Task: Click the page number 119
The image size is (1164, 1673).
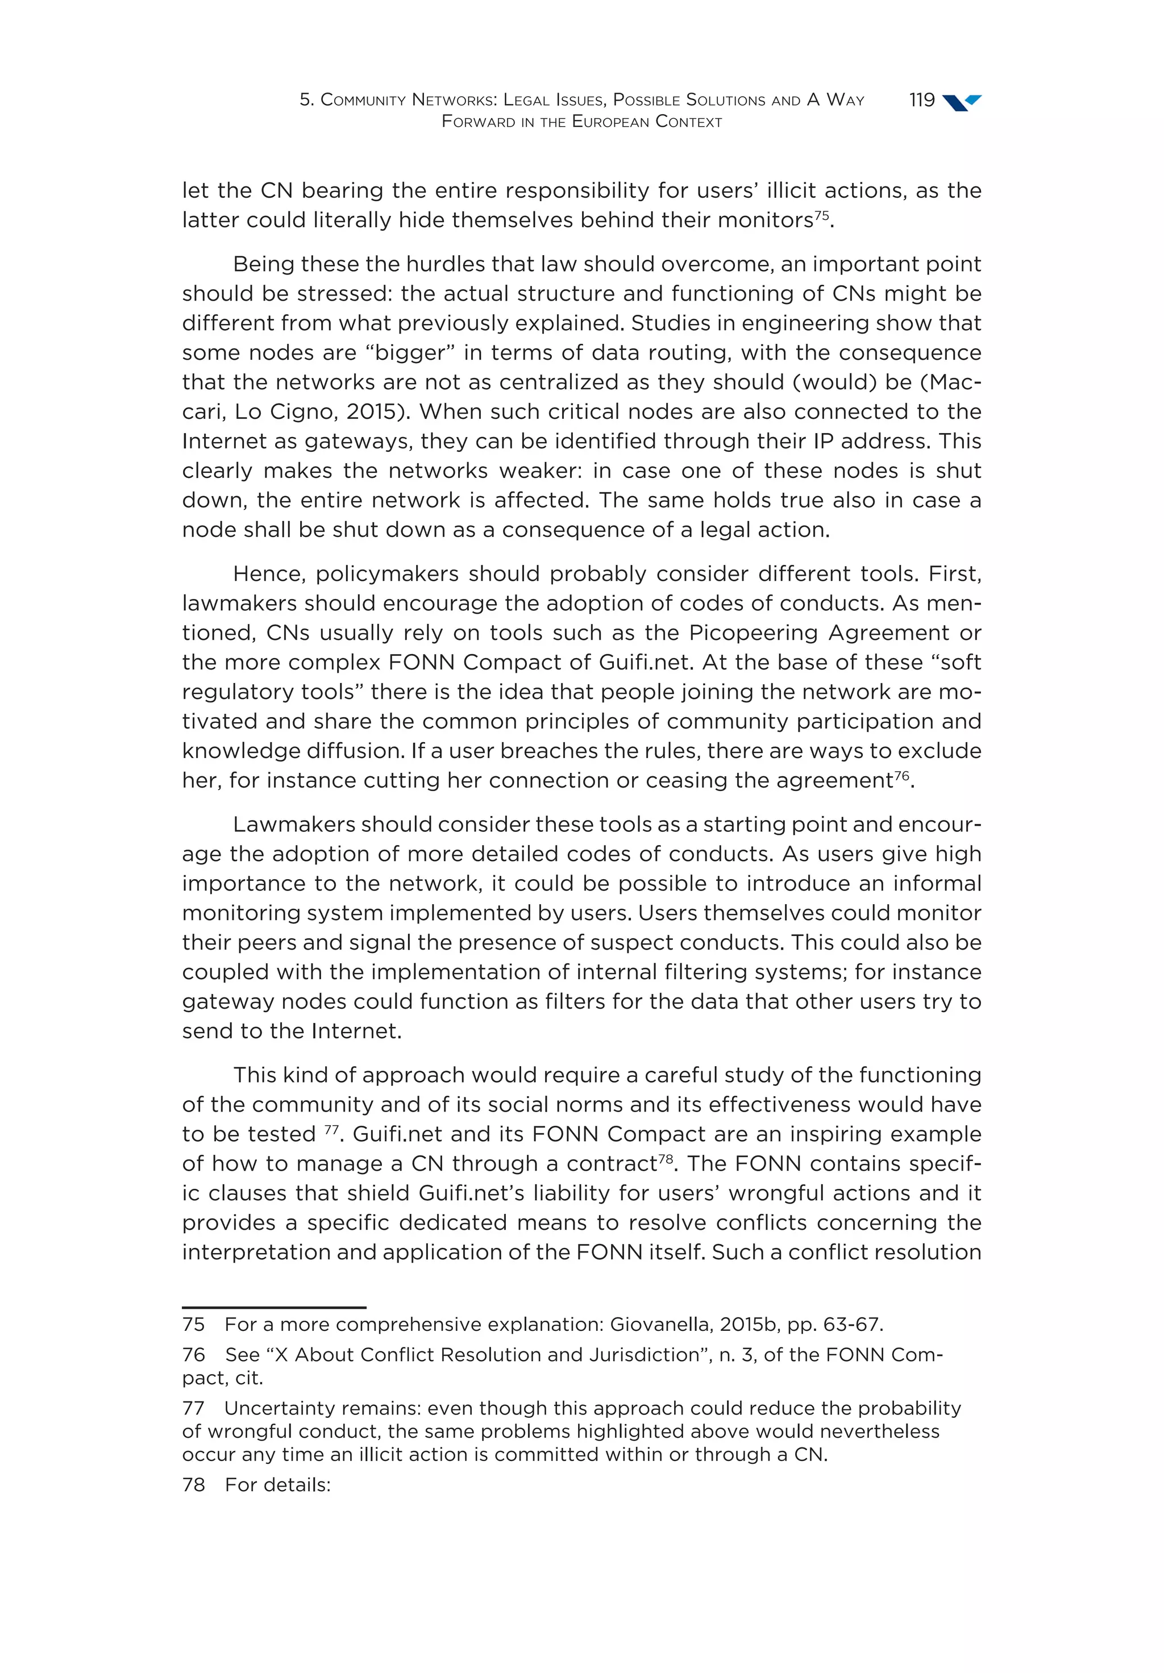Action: (921, 100)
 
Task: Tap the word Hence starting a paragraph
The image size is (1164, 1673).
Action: (267, 574)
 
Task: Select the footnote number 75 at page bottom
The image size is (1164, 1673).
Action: (193, 1324)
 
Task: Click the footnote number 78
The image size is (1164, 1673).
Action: (193, 1484)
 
